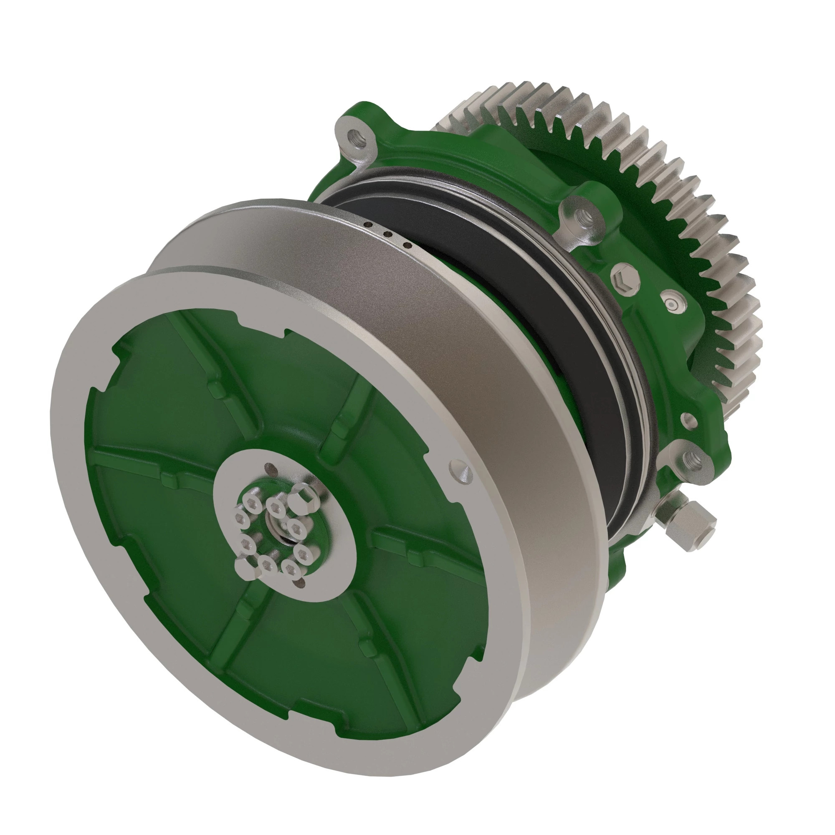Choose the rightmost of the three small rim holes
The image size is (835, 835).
coord(406,245)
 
